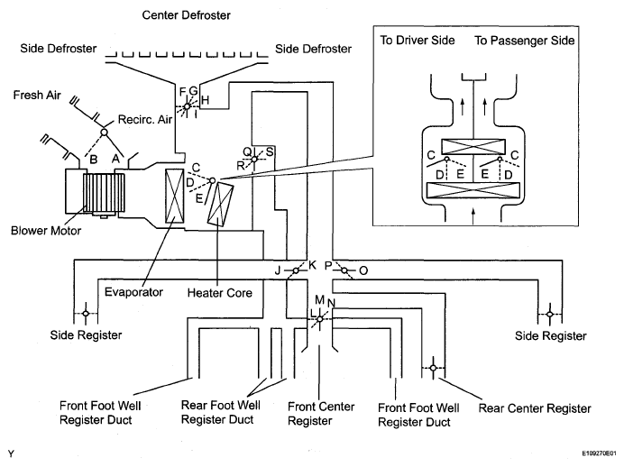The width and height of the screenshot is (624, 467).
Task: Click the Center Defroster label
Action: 187,15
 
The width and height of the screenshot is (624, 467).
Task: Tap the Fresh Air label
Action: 37,95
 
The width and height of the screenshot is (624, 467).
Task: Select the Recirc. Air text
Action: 145,119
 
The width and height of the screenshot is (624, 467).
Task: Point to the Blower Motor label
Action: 46,230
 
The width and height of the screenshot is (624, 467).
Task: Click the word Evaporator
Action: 133,292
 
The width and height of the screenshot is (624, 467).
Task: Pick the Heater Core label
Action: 220,293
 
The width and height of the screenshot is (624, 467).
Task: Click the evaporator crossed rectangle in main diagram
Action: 175,196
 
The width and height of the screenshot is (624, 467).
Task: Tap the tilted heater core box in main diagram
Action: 220,204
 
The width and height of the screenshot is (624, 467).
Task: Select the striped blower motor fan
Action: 104,193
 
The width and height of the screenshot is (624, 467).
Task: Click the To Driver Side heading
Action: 418,41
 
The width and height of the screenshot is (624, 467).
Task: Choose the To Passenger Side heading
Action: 525,41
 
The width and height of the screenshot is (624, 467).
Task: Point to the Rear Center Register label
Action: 535,408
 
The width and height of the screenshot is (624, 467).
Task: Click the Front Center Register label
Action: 321,414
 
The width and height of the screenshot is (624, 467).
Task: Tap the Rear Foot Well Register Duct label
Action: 220,413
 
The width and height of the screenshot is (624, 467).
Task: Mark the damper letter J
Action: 278,270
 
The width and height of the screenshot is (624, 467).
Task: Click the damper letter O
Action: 363,270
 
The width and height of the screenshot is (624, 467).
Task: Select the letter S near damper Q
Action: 270,151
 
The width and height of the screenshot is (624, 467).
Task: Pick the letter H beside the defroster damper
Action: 205,100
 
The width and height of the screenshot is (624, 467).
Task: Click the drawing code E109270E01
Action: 599,453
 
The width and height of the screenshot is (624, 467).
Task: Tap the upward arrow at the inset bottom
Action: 473,215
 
